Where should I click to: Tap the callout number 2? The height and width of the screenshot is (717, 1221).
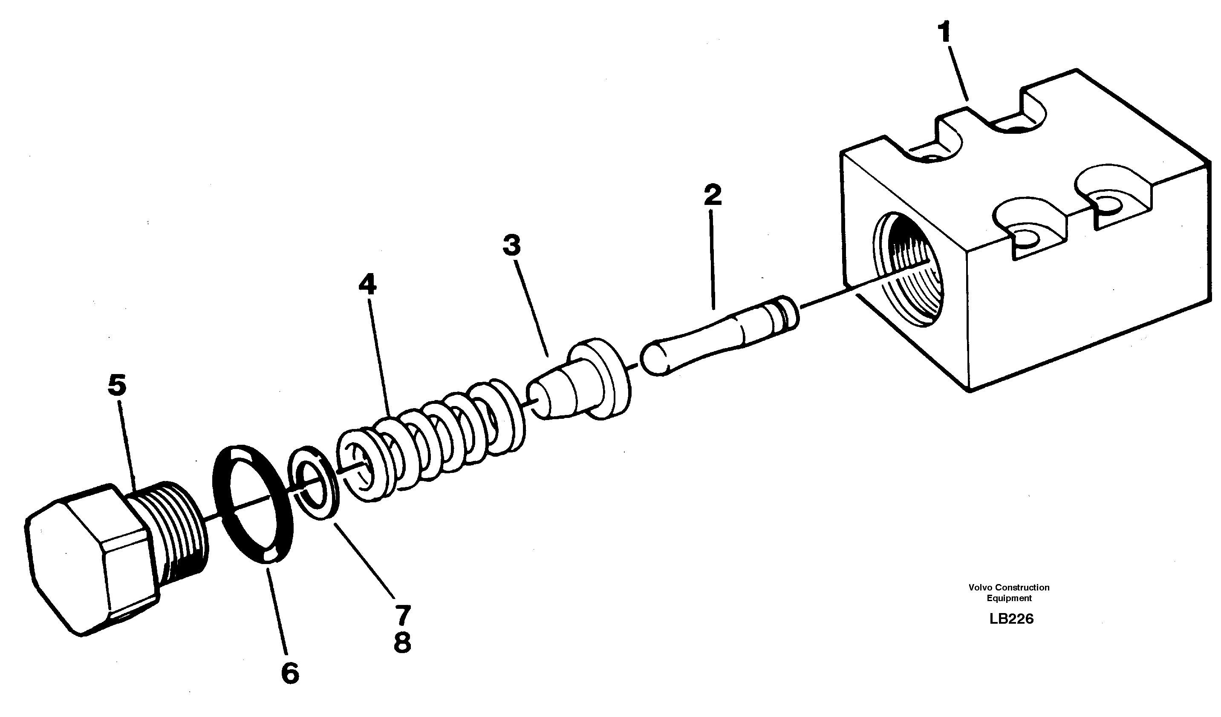click(712, 194)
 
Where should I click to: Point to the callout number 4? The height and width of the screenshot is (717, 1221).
click(367, 285)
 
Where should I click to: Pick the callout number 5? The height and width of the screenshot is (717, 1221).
click(117, 385)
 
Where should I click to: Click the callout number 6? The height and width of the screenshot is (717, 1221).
click(290, 674)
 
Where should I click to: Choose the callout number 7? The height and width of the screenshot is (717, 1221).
click(403, 616)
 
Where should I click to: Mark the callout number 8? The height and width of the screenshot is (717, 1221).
click(403, 643)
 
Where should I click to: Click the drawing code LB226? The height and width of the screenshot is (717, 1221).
click(1011, 619)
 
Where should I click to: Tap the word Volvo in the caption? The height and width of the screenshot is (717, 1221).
click(980, 587)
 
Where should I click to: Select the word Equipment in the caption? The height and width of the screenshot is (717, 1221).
click(1009, 598)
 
